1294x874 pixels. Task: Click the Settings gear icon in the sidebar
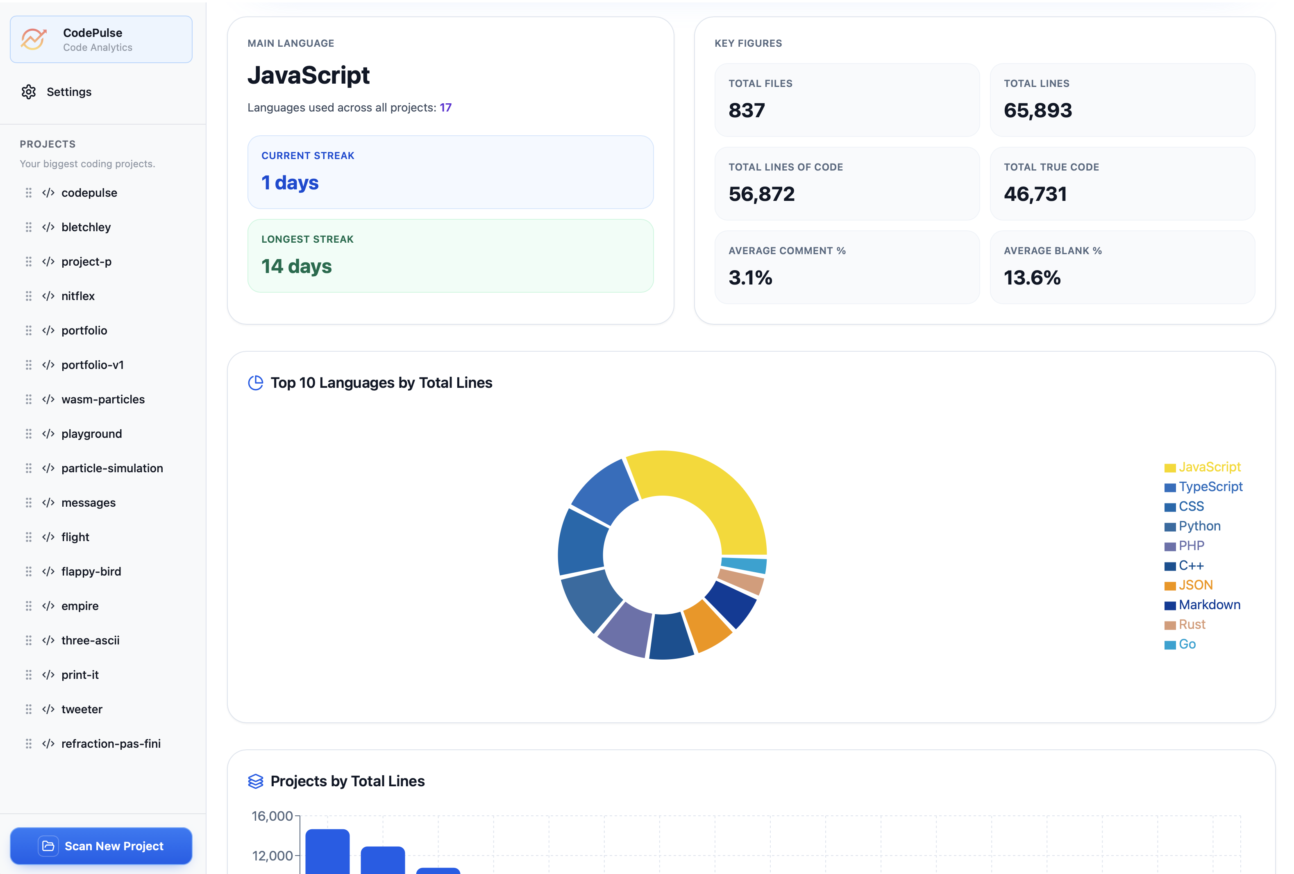pyautogui.click(x=28, y=92)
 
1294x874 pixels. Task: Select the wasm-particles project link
pyautogui.click(x=102, y=399)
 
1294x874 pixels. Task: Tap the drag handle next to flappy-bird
pyautogui.click(x=28, y=571)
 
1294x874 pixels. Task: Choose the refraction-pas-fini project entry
pyautogui.click(x=110, y=744)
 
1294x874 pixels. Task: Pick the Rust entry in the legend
pyautogui.click(x=1191, y=624)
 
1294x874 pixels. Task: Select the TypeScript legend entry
pyautogui.click(x=1209, y=487)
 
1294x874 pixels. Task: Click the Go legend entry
pyautogui.click(x=1187, y=644)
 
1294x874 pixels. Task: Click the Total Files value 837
pyautogui.click(x=747, y=110)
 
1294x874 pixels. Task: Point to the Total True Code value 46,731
pyautogui.click(x=1035, y=194)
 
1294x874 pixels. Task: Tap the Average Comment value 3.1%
pyautogui.click(x=750, y=278)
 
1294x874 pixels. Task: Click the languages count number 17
pyautogui.click(x=445, y=107)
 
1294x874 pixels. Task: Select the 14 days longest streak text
pyautogui.click(x=296, y=266)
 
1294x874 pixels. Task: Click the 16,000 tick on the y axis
pyautogui.click(x=272, y=816)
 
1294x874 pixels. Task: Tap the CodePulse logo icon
pyautogui.click(x=34, y=39)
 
